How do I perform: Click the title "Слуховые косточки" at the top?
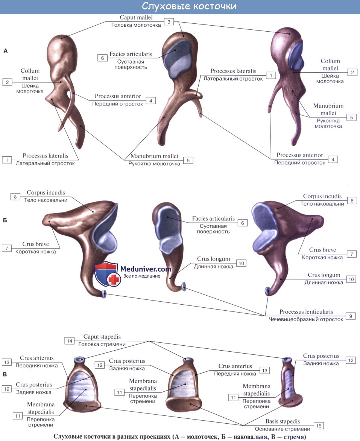tap(189, 6)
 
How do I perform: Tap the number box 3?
tap(169, 22)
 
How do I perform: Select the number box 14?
tap(69, 341)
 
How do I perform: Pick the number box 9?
tap(350, 316)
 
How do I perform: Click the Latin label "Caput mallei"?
tap(136, 17)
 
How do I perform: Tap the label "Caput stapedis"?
tap(102, 337)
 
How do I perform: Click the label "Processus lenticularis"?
tap(306, 312)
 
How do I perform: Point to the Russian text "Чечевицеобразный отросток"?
tap(306, 319)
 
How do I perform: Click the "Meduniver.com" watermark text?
tap(146, 269)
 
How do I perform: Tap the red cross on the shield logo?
tap(112, 280)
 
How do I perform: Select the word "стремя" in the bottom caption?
tap(293, 437)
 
